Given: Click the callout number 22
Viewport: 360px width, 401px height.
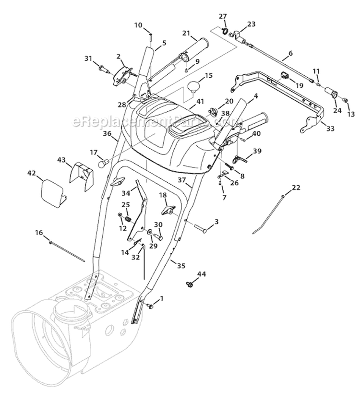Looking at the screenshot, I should [x=296, y=187].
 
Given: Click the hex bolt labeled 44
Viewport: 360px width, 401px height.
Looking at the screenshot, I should [x=189, y=284].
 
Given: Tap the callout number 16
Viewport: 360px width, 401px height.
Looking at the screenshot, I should [x=39, y=232].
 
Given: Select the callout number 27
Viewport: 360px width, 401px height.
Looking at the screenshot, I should [x=222, y=16].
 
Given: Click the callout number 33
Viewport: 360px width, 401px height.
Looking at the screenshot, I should [x=329, y=129].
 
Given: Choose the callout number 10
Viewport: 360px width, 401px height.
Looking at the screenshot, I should [x=138, y=25].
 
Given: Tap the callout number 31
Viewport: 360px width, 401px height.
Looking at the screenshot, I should [x=88, y=59].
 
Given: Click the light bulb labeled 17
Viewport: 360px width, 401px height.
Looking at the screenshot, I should [x=102, y=164].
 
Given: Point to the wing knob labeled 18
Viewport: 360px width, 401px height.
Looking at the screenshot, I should [x=168, y=210].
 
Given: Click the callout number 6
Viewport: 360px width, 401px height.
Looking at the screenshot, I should [x=290, y=53].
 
